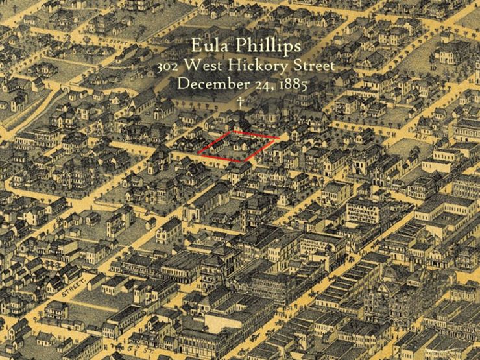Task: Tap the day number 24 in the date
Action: [x=259, y=84]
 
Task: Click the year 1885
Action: [x=287, y=84]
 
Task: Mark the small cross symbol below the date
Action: [x=240, y=102]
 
